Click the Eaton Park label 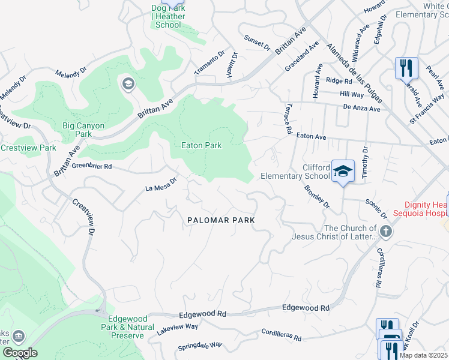(x=202, y=145)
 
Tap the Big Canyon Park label (x=83, y=130)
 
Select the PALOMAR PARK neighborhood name (x=220, y=220)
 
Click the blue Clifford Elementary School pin (x=343, y=172)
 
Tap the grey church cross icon (x=386, y=230)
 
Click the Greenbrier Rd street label (x=92, y=166)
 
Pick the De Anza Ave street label (x=361, y=109)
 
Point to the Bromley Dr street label (x=318, y=197)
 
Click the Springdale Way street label (x=200, y=347)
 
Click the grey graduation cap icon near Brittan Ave (x=127, y=84)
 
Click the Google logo (x=20, y=353)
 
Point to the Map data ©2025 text (x=423, y=355)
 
